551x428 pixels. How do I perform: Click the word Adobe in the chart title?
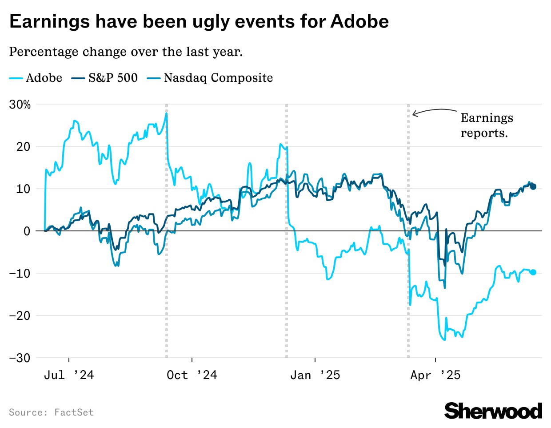click(360, 21)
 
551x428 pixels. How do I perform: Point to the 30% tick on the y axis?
click(20, 105)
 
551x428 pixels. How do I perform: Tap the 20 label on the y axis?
click(23, 147)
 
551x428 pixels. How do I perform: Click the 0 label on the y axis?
click(27, 231)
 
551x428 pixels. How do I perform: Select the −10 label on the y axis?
click(20, 273)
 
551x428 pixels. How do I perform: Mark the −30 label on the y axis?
click(20, 358)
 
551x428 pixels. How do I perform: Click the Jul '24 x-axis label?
click(69, 375)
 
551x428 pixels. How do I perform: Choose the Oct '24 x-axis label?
click(192, 375)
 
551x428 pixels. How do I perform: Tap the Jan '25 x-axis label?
click(315, 375)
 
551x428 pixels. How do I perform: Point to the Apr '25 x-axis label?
click(435, 375)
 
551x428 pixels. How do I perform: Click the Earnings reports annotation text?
click(487, 125)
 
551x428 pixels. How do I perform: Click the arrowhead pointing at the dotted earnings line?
click(414, 114)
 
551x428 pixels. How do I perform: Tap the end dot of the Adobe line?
click(533, 272)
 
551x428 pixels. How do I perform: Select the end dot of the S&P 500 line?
click(533, 187)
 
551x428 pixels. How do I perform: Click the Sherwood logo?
click(493, 411)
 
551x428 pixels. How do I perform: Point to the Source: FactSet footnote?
click(51, 412)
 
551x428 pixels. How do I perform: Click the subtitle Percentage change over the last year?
click(126, 52)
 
